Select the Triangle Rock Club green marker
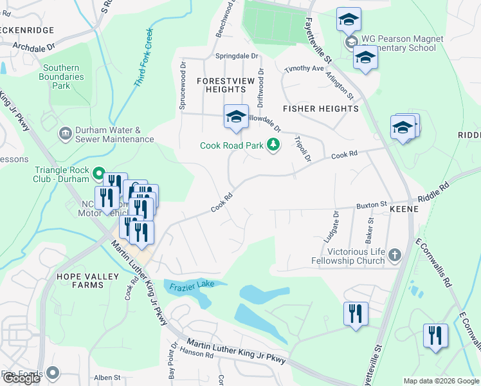[x=98, y=173]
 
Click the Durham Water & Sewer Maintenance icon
[x=65, y=134]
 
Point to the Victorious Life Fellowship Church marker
[x=395, y=255]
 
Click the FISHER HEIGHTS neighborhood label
[x=320, y=109]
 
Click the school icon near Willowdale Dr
[x=236, y=117]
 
